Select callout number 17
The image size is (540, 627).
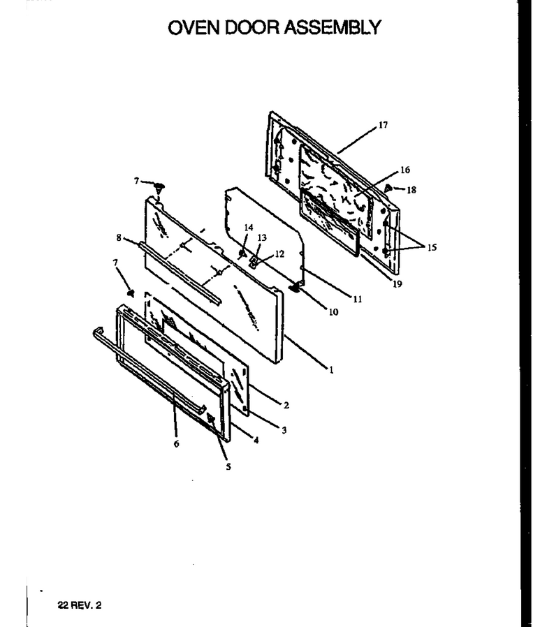tap(383, 125)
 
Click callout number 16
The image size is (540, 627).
tap(404, 170)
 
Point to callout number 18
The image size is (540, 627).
tap(411, 190)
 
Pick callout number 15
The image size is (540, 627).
tap(432, 248)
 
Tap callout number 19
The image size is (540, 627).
tap(397, 284)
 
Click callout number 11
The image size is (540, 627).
tap(357, 299)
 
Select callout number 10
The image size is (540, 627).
tap(333, 312)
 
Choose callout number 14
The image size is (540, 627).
tap(249, 228)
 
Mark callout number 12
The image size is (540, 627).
tap(279, 254)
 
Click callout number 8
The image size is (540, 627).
tap(119, 238)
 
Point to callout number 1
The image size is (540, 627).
tap(331, 370)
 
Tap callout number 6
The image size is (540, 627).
tap(177, 444)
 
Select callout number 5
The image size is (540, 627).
tap(228, 466)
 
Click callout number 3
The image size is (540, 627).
tap(284, 430)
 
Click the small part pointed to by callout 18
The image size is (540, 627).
tap(388, 187)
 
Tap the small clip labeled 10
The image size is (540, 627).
tap(296, 287)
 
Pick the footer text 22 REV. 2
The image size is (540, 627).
tap(80, 605)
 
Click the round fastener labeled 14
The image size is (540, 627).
tap(242, 253)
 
